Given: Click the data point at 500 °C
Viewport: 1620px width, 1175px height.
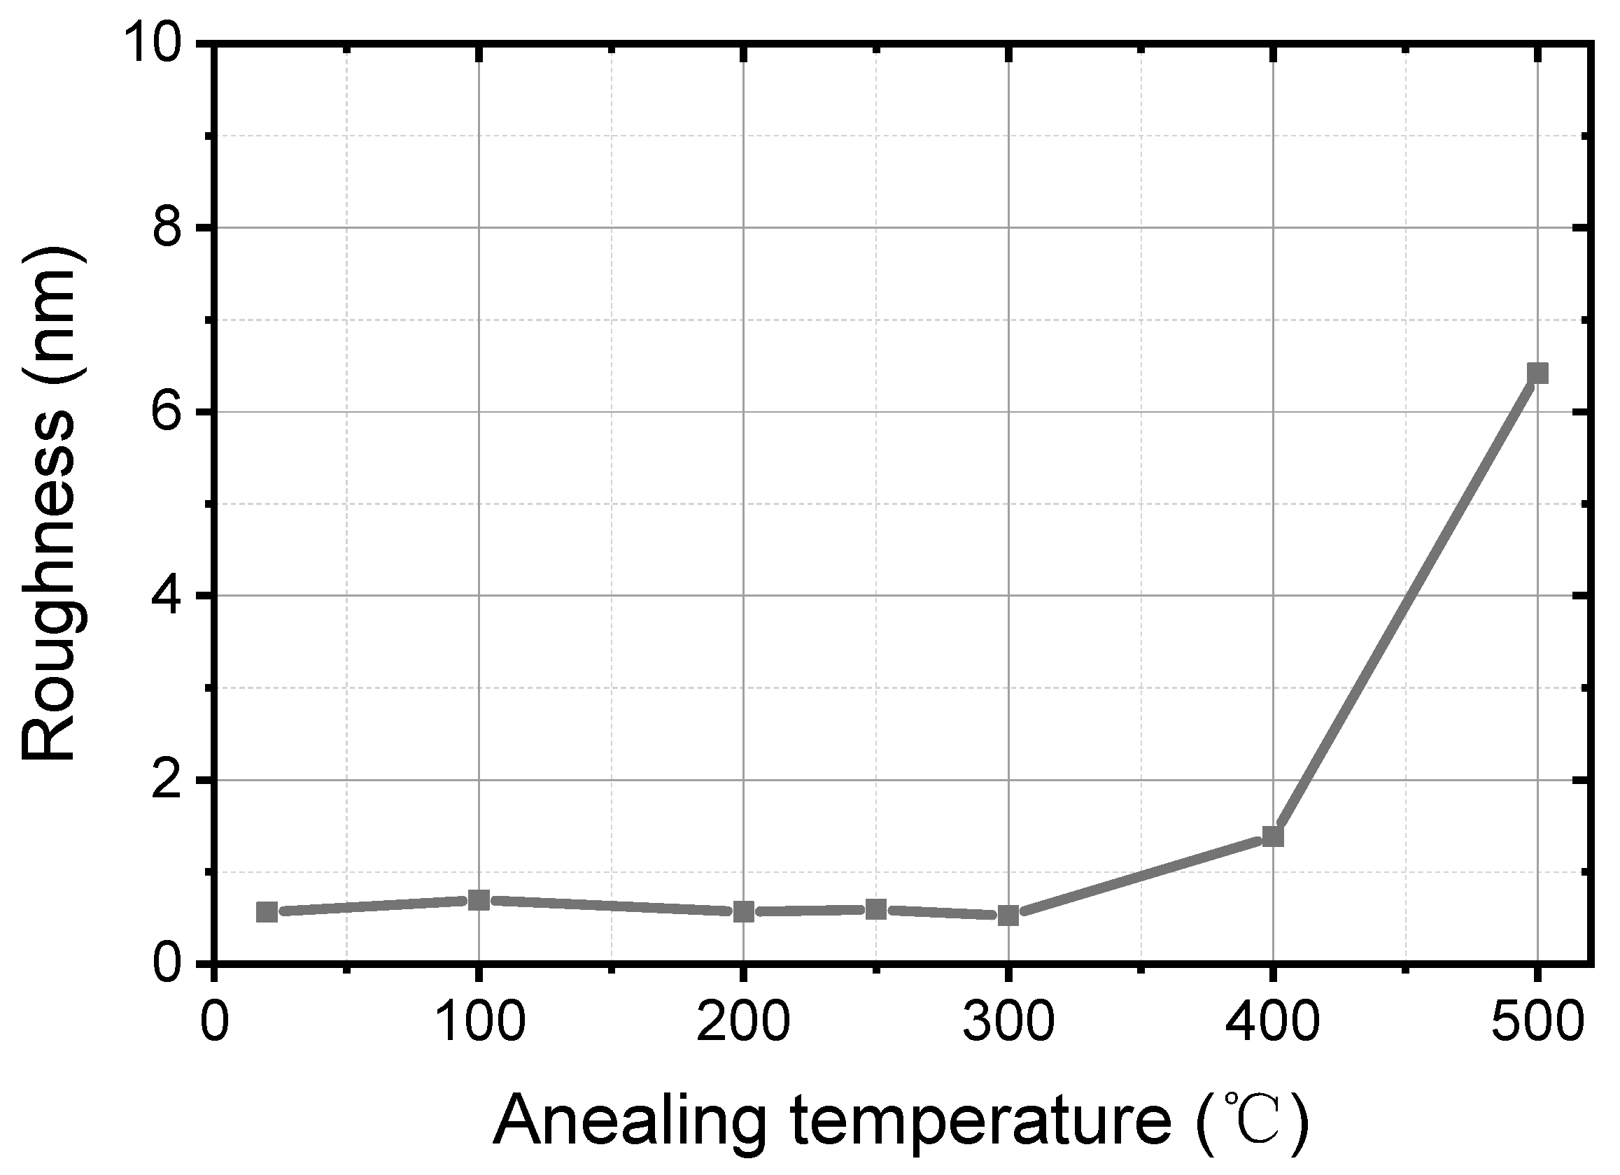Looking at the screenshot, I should (1537, 373).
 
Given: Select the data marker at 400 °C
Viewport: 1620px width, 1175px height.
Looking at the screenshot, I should (1273, 836).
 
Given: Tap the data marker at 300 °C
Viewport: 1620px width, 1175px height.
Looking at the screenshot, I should (1008, 915).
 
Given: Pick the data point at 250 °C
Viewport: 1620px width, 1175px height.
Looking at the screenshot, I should (875, 909).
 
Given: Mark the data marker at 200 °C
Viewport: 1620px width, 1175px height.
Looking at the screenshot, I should (744, 911).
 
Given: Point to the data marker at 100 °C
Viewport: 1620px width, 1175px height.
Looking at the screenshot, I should (479, 900).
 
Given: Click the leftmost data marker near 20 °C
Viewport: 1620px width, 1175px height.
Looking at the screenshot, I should (267, 911).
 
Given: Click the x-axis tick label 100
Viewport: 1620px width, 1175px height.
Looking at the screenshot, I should (479, 1023).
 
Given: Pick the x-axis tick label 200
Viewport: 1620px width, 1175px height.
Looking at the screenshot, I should (744, 1023).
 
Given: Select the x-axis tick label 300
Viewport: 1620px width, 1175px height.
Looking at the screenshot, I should (1008, 1023).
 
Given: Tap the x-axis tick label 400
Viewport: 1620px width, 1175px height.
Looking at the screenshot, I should (1273, 1023).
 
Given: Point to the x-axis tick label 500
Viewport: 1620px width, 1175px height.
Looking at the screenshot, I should (1537, 1023).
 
